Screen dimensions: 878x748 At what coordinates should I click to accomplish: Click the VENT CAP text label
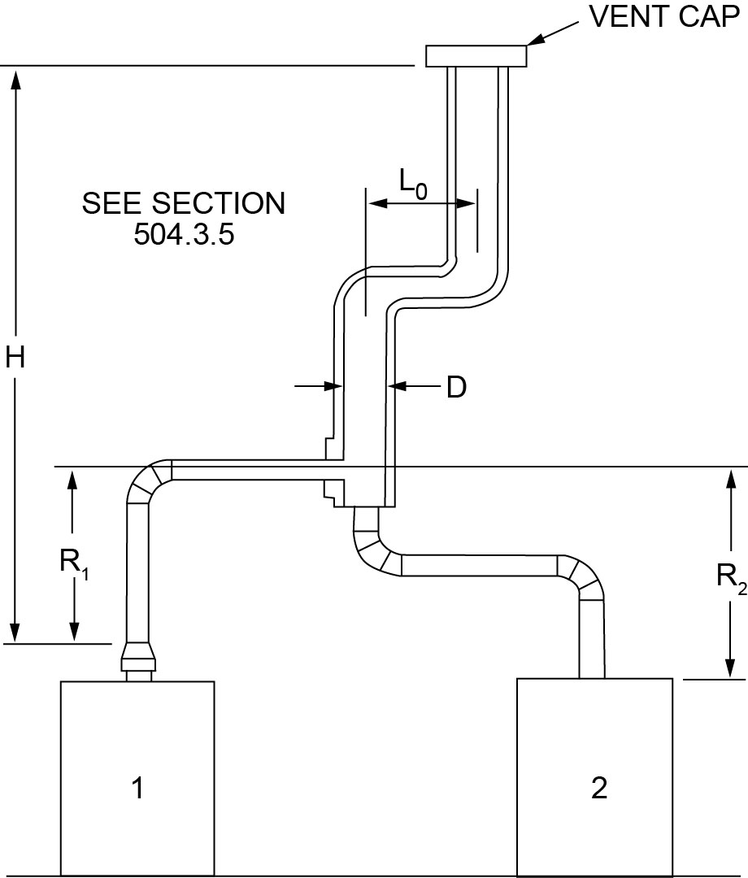point(663,17)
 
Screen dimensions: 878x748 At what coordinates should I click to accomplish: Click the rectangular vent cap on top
point(476,55)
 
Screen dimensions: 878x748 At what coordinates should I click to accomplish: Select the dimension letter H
point(15,358)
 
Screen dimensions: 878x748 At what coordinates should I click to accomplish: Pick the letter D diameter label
point(456,388)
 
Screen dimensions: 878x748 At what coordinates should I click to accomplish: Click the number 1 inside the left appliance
point(138,787)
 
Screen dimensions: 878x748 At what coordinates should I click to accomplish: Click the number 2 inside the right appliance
point(599,788)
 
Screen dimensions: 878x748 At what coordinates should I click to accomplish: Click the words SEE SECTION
point(184,203)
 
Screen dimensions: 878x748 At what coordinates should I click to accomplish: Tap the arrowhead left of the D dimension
point(329,386)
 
